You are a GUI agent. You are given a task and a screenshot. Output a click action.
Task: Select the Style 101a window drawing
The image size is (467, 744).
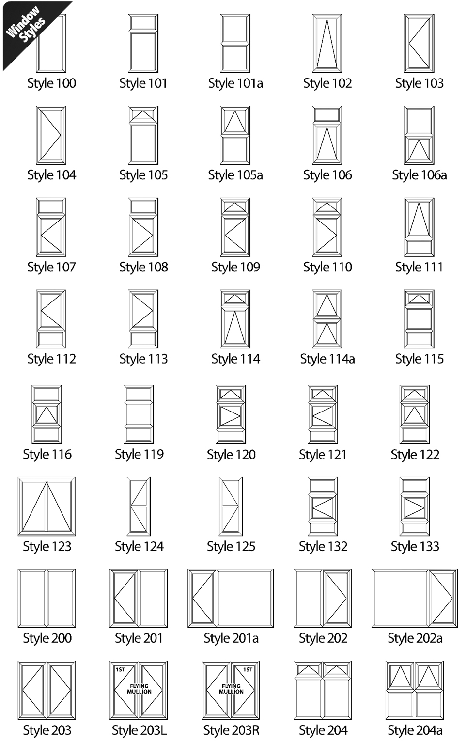point(235,43)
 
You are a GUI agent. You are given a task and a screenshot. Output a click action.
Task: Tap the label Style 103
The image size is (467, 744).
point(419,83)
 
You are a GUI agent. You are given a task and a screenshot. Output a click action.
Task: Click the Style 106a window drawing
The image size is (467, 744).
point(419,135)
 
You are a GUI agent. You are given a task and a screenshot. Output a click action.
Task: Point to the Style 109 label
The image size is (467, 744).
point(235,267)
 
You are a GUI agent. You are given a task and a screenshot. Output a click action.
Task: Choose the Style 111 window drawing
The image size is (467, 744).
point(419,227)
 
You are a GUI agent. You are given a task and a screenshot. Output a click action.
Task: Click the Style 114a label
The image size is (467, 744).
point(327,359)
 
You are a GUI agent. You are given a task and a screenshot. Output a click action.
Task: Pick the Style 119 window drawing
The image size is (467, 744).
point(139,414)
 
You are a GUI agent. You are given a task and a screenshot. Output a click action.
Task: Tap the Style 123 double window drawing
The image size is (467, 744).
point(47,507)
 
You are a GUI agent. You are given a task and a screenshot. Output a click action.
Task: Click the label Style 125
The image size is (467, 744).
point(231,546)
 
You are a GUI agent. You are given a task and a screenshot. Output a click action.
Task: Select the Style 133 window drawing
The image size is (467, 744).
point(415,507)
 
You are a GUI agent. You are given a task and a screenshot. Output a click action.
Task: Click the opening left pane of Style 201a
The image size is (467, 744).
point(202,599)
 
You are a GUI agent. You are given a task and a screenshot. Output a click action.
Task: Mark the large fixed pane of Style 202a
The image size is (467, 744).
point(400,599)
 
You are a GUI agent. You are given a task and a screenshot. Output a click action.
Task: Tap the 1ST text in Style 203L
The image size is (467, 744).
point(120,670)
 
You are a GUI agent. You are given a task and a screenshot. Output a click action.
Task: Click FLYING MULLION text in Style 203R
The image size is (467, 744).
point(231,689)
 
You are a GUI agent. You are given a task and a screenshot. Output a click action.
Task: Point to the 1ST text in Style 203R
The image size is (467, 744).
point(248,670)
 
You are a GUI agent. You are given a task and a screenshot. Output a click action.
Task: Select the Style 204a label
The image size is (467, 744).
point(415,730)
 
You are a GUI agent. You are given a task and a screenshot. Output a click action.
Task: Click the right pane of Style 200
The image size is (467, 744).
point(61,599)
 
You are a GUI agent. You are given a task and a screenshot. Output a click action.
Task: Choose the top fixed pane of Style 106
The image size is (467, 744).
point(327,115)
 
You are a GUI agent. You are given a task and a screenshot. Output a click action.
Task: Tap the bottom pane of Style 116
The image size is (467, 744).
point(47,434)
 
